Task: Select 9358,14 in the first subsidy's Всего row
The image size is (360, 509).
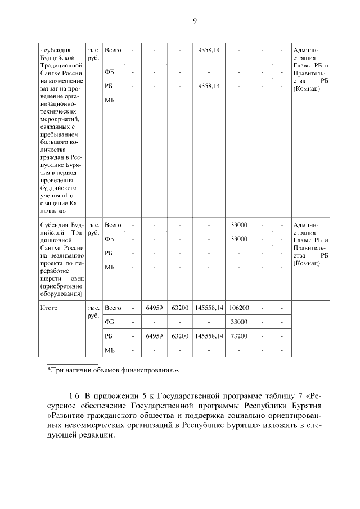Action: pyautogui.click(x=208, y=51)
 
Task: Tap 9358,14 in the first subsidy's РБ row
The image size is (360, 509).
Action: pyautogui.click(x=208, y=86)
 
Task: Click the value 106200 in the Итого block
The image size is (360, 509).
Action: pyautogui.click(x=239, y=308)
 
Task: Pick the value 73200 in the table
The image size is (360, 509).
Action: pyautogui.click(x=239, y=336)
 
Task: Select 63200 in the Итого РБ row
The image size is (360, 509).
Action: pyautogui.click(x=179, y=336)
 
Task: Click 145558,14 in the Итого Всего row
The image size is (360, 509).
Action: pyautogui.click(x=208, y=308)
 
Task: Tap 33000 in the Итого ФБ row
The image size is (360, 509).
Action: pyautogui.click(x=239, y=322)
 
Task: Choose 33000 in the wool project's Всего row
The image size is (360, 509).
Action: pyautogui.click(x=239, y=225)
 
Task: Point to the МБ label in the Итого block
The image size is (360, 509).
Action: pyautogui.click(x=110, y=350)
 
